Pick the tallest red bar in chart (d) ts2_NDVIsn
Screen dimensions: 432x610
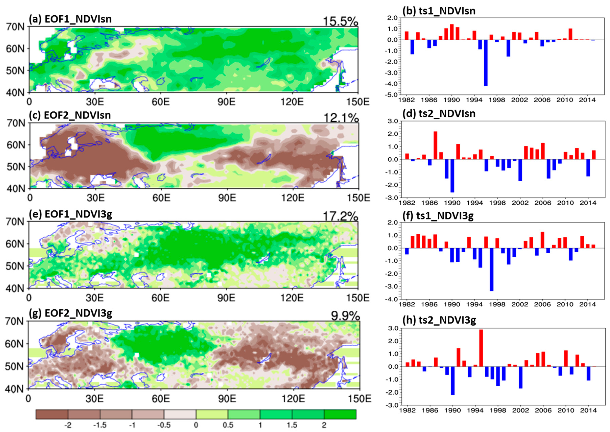435,145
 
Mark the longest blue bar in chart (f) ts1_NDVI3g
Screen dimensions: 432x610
491,270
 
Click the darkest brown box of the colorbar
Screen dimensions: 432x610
52,414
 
